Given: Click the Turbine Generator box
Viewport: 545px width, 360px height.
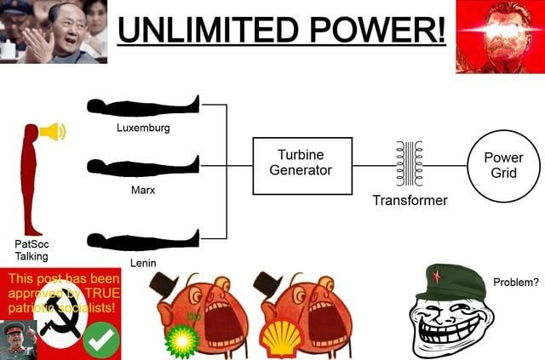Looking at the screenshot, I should click(x=301, y=165).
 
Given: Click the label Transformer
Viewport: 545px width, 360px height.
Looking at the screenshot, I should click(x=409, y=201).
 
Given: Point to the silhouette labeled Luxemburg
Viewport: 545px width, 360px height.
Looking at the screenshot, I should click(x=143, y=106).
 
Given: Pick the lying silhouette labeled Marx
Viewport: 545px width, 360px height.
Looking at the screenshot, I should click(x=143, y=165).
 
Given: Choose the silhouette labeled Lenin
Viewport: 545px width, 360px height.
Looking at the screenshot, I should click(x=143, y=239).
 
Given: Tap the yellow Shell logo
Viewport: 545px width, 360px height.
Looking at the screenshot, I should click(x=280, y=339).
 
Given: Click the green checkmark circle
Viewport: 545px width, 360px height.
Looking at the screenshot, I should click(x=101, y=341).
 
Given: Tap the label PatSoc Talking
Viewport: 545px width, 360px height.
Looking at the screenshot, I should click(x=32, y=249).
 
